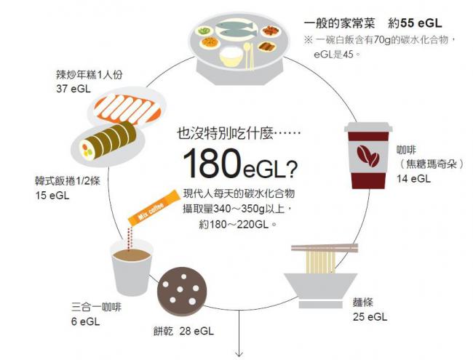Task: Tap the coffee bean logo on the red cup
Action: tap(367, 156)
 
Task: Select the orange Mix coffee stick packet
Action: tap(154, 207)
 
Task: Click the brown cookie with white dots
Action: tap(182, 291)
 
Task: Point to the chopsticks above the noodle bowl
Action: tap(325, 248)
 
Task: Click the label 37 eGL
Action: tap(73, 89)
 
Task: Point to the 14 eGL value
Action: tap(413, 179)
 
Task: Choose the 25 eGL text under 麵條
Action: tap(370, 317)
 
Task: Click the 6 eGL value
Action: tap(85, 321)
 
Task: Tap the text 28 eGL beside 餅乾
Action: tap(196, 331)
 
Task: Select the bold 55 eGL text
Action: tap(421, 23)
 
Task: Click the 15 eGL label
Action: tap(52, 196)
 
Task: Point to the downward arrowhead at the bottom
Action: tap(240, 353)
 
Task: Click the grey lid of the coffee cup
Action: tap(368, 127)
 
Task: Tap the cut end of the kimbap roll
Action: tap(86, 150)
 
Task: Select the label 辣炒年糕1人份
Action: tap(90, 74)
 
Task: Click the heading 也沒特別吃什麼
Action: tap(224, 133)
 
